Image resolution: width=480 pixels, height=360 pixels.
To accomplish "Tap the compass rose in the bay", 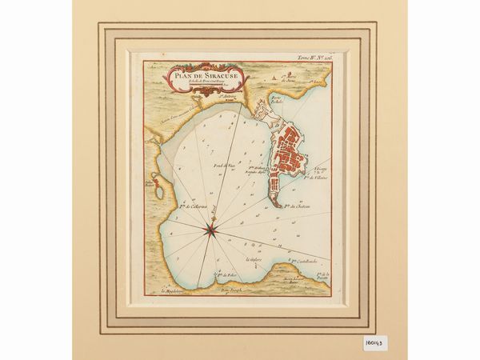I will click(x=213, y=230).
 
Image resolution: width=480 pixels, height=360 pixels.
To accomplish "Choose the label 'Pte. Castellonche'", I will click(x=303, y=261).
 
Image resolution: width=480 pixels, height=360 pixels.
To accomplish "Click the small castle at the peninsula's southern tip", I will click(x=274, y=206).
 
